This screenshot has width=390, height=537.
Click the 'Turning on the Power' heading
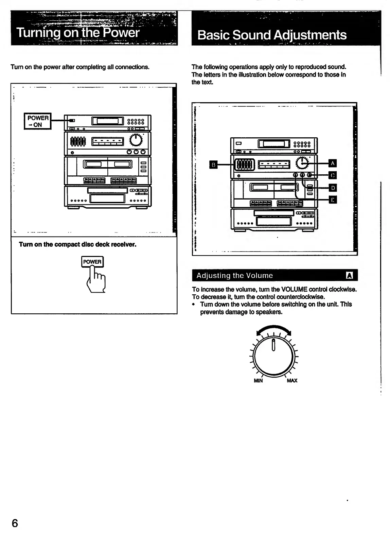(78, 33)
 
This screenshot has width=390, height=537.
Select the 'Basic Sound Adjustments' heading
(272, 35)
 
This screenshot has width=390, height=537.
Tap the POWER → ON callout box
(38, 121)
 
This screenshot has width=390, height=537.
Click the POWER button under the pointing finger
(92, 262)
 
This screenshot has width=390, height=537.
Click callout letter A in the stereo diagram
(333, 163)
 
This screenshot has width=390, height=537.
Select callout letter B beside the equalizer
(213, 165)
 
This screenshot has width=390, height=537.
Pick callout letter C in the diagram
(333, 175)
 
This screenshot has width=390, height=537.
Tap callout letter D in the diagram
(333, 188)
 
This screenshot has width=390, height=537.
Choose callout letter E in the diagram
(333, 200)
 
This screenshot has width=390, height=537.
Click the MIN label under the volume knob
(258, 381)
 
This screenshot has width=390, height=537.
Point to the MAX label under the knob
(292, 381)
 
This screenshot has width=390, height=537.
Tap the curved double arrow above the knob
(274, 330)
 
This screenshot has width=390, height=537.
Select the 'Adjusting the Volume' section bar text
(234, 276)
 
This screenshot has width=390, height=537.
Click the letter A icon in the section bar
(349, 276)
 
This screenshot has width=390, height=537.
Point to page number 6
(15, 523)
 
